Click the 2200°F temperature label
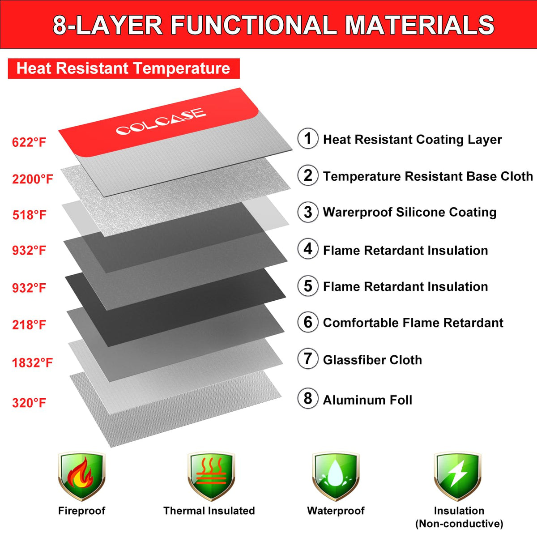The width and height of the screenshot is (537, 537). (32, 179)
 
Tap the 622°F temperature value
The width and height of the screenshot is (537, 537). (29, 142)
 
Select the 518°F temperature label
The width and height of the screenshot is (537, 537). (29, 215)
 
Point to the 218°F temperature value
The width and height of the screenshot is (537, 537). (29, 325)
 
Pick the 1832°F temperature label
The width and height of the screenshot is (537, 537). (32, 362)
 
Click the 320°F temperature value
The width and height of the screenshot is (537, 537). (29, 403)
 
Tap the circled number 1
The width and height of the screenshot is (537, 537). (307, 138)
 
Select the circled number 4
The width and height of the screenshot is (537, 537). (307, 249)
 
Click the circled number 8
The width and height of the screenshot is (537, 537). (307, 398)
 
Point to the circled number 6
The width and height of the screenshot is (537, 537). (307, 322)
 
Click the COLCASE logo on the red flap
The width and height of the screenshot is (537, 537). (161, 121)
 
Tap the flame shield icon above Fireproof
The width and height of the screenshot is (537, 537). (81, 477)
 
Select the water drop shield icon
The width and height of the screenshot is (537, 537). (336, 477)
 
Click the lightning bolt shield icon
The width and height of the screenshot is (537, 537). (458, 477)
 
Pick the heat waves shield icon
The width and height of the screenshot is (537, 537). (211, 477)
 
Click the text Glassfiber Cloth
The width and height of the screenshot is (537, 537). (372, 360)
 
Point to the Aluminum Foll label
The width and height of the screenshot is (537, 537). (367, 400)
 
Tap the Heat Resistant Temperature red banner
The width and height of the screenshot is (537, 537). (124, 68)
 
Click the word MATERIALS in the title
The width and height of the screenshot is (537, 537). (419, 25)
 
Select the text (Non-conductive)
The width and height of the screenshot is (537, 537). (459, 524)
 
